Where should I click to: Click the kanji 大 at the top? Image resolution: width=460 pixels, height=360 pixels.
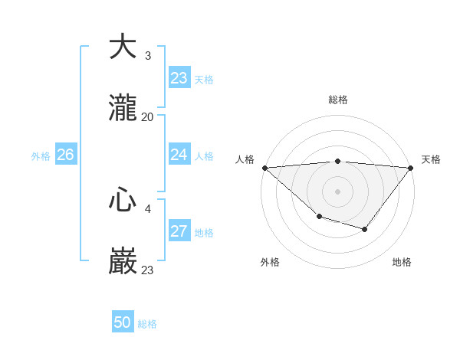click(123, 47)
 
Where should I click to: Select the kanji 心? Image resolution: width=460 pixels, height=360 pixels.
click(123, 200)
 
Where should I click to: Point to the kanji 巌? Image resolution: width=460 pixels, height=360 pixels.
click(123, 262)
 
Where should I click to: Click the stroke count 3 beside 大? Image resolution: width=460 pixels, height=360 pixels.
click(147, 55)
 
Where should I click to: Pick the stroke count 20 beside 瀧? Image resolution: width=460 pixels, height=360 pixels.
click(147, 117)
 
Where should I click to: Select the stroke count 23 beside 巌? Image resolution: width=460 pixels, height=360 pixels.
click(147, 270)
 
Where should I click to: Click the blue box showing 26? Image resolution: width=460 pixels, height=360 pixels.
click(65, 155)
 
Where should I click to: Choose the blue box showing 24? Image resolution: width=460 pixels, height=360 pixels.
click(179, 155)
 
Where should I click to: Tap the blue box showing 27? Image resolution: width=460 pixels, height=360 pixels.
click(179, 231)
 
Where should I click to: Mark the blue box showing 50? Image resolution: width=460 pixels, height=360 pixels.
click(123, 322)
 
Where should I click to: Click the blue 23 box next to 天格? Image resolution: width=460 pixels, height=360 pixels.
click(179, 78)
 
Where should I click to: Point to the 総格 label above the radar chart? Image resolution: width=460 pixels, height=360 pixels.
click(338, 100)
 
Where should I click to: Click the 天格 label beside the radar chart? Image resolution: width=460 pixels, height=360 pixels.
click(431, 159)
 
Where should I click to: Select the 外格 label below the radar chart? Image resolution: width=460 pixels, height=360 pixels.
click(270, 262)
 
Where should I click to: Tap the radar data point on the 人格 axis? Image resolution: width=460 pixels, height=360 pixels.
click(264, 168)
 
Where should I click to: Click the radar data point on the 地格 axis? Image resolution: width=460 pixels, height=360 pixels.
click(365, 229)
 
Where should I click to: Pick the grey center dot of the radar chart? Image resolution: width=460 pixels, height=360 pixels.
click(337, 191)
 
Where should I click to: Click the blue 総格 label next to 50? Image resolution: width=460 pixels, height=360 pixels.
click(147, 324)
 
